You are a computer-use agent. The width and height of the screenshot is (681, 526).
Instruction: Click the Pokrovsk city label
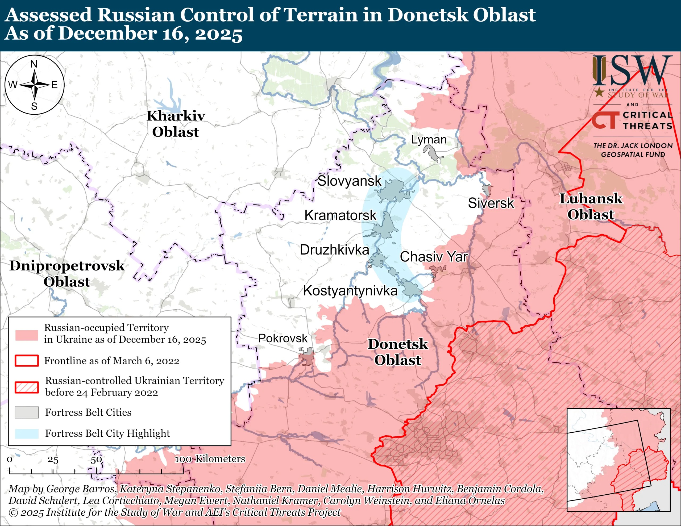(x=283, y=338)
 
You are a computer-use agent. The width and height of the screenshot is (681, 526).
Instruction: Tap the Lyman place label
(x=429, y=139)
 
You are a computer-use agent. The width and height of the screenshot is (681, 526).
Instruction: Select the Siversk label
(x=491, y=203)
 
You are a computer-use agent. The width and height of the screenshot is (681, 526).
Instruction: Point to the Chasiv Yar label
(x=433, y=257)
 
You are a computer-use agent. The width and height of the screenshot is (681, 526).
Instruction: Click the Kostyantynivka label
(x=350, y=291)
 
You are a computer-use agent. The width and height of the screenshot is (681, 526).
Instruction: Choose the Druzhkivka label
(x=334, y=250)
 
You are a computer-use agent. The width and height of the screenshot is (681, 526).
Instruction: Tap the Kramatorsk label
(x=340, y=215)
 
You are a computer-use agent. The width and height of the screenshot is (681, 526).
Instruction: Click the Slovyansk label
(x=349, y=181)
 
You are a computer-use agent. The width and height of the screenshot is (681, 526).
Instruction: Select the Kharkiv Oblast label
(x=176, y=124)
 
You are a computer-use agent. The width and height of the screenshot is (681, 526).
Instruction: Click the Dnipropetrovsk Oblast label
(x=67, y=273)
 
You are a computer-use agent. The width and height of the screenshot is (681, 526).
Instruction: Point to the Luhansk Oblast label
(x=591, y=206)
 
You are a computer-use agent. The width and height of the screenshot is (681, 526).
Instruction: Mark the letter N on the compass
(x=34, y=64)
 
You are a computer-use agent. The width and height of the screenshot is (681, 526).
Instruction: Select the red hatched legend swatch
(x=27, y=387)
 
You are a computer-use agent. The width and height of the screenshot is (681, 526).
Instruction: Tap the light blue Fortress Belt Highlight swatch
(x=27, y=433)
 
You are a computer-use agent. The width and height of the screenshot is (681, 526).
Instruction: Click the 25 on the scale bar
(x=53, y=460)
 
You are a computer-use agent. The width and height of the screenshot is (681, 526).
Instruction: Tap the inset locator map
(x=618, y=460)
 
